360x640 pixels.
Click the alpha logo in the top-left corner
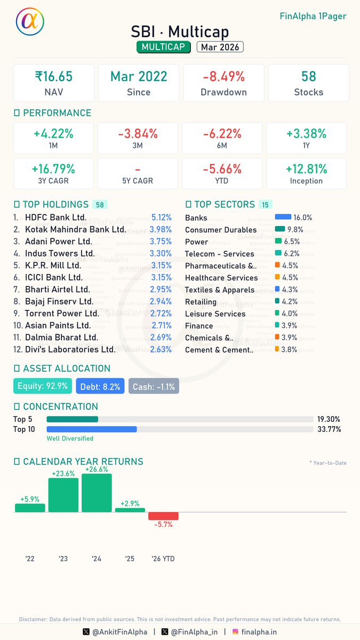click(x=30, y=22)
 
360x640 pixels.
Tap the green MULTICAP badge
click(x=164, y=47)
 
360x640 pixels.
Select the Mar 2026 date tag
click(x=220, y=47)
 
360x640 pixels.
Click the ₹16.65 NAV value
click(x=53, y=77)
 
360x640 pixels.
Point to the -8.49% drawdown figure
click(x=223, y=77)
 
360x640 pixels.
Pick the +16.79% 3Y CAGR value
click(x=53, y=169)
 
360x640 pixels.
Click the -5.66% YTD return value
click(x=223, y=169)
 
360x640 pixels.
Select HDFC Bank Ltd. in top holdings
click(x=55, y=218)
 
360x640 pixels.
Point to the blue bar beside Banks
click(x=283, y=218)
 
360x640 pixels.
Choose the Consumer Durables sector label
click(x=221, y=230)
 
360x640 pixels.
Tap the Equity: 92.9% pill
click(x=43, y=386)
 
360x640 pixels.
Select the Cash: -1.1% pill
click(x=154, y=386)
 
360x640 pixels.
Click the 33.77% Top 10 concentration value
click(x=329, y=429)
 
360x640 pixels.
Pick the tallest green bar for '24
click(x=97, y=493)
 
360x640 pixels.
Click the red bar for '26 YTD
click(x=163, y=516)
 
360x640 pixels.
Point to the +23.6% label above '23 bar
click(x=63, y=473)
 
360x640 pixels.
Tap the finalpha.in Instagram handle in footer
click(x=258, y=632)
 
